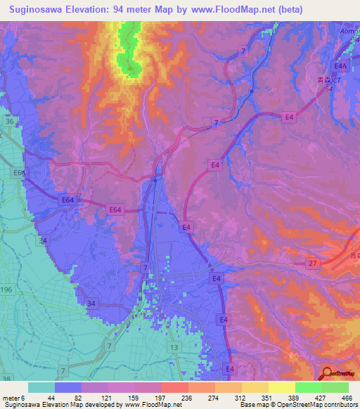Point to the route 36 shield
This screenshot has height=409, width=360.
click(10, 122)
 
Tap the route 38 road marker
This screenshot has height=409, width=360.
click(7, 379)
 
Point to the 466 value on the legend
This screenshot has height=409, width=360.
click(347, 398)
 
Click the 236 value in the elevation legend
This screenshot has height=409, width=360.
click(166, 398)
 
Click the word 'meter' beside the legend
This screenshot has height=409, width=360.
click(9, 398)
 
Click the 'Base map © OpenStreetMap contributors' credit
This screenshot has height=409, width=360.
click(297, 405)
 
